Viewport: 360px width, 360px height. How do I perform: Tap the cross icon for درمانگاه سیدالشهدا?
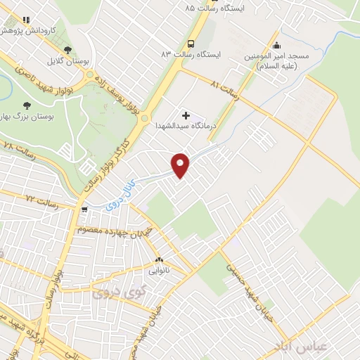[186, 114]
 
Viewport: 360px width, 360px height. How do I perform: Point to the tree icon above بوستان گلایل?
[67, 49]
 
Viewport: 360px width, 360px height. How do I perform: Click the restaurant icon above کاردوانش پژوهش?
[26, 20]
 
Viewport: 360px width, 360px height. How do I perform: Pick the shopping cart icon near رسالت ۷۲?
[84, 208]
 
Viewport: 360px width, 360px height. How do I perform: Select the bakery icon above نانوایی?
[158, 258]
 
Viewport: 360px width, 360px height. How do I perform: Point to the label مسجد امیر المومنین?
[271, 60]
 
